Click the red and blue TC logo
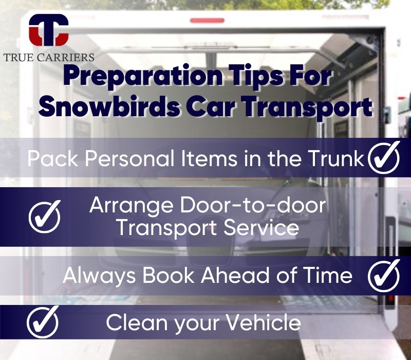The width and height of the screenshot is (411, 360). click(x=48, y=30)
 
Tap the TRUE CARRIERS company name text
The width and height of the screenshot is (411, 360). click(x=49, y=58)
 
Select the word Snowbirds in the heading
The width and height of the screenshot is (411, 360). click(x=109, y=106)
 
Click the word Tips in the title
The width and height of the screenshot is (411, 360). click(x=256, y=76)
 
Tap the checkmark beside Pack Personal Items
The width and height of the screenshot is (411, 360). click(x=384, y=157)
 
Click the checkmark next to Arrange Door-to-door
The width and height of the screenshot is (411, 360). click(x=45, y=217)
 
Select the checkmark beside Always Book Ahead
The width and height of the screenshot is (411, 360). click(x=384, y=276)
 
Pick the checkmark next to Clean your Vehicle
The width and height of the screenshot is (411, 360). click(x=43, y=322)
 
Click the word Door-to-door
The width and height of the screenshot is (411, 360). click(x=253, y=205)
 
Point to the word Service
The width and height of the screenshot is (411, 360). click(x=261, y=227)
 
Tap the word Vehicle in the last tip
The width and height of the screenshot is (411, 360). click(x=264, y=322)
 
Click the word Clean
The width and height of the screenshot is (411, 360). click(x=137, y=322)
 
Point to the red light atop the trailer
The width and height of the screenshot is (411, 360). click(x=207, y=20)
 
